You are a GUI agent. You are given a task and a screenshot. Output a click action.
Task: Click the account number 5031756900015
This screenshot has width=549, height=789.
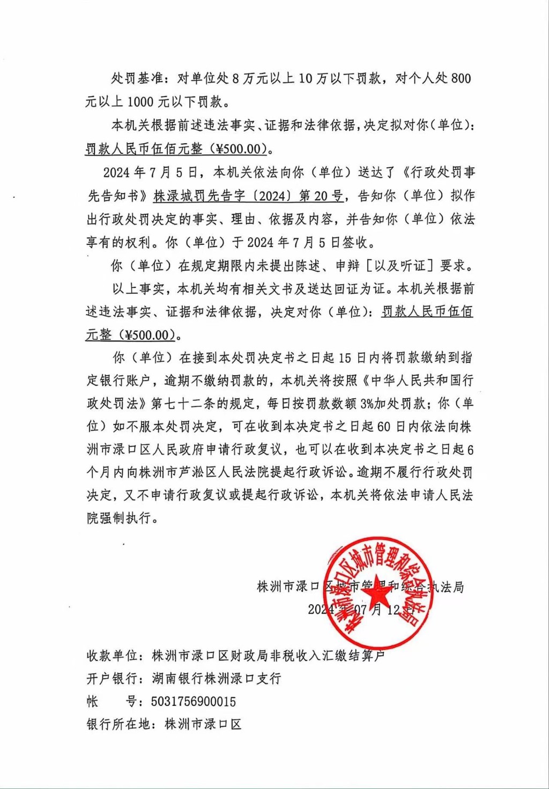(x=194, y=701)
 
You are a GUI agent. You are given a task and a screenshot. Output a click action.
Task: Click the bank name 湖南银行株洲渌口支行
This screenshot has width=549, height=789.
(x=217, y=679)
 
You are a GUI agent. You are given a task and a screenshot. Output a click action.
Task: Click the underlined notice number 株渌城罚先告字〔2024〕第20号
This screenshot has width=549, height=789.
(x=248, y=196)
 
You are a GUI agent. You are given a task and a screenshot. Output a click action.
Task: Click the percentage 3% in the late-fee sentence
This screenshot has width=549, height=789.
(x=367, y=403)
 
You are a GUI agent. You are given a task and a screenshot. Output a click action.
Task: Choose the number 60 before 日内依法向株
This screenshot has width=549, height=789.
(x=384, y=427)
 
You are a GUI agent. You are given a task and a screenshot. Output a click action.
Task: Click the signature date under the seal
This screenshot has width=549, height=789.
(x=361, y=609)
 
